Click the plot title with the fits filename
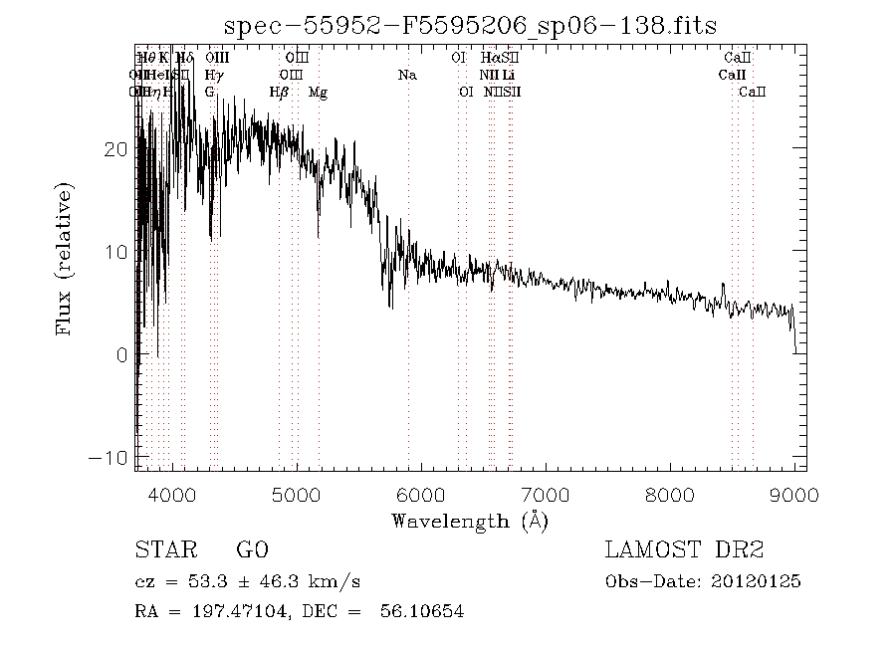click(470, 25)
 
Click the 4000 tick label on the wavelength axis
click(172, 496)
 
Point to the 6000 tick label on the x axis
click(420, 496)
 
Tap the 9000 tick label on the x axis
click(793, 496)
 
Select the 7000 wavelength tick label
click(545, 496)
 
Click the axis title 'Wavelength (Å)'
click(470, 521)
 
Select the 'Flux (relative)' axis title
click(66, 259)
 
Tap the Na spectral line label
click(406, 75)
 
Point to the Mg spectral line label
click(318, 93)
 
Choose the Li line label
click(509, 75)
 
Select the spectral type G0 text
click(251, 550)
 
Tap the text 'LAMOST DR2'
click(684, 550)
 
